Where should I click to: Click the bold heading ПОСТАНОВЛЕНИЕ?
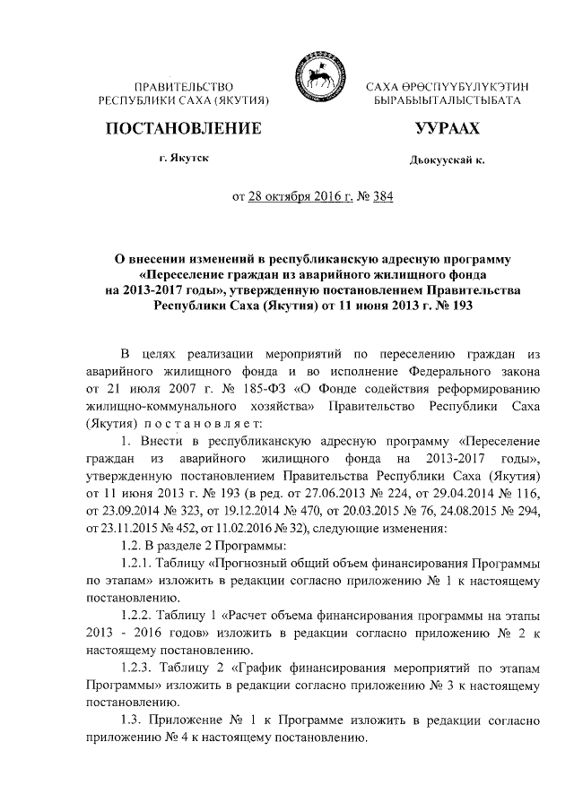[184, 129]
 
